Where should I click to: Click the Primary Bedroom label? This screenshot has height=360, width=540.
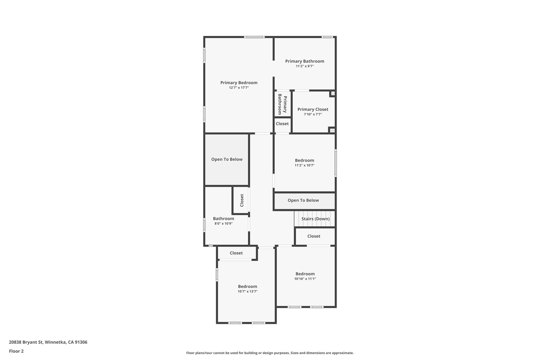pos(239,83)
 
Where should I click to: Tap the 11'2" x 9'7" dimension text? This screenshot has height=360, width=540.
pos(305,66)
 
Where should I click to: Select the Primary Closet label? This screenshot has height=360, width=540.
pos(313,109)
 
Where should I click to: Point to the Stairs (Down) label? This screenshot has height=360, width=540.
pos(315,219)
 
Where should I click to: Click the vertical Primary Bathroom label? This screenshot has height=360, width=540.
pos(282,104)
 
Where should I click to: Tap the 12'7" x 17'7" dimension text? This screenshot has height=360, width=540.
pos(239,88)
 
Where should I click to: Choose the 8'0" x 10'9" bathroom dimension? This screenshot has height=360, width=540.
pos(223,224)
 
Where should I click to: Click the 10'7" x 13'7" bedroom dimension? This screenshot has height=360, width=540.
pos(247,291)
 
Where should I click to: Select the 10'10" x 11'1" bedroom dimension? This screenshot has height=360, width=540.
pos(305,279)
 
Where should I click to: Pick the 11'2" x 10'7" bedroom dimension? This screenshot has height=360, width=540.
pos(304,165)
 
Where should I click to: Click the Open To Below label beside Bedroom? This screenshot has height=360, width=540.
pos(227,159)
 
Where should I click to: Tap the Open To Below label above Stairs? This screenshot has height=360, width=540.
pos(303,200)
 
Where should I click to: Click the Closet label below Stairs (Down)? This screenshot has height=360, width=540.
pos(314,236)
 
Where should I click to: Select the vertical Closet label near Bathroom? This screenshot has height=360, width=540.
pos(242,200)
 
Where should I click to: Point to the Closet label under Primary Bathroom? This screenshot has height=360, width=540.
pos(282,124)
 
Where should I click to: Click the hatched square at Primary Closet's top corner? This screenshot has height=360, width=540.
pos(333,93)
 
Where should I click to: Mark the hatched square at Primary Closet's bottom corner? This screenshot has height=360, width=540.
pos(332,130)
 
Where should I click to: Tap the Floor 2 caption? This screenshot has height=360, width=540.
pos(16,351)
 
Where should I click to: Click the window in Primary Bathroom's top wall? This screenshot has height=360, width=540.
pos(327,37)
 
